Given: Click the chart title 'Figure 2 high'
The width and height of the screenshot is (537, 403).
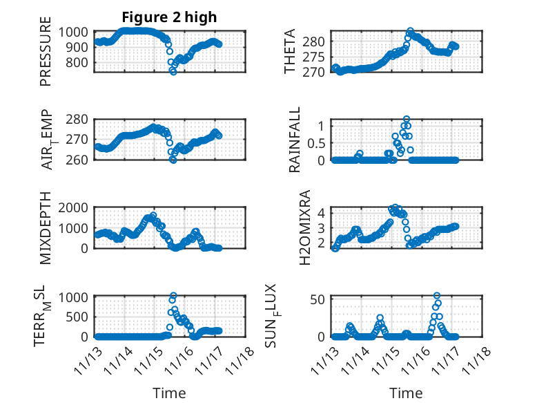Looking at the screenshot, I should (x=169, y=17).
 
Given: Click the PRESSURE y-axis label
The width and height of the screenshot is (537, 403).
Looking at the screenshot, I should (x=46, y=56).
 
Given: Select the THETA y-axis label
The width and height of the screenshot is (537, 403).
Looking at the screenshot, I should (x=290, y=52).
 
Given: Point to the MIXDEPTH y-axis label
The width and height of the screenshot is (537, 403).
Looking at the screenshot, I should (x=46, y=227).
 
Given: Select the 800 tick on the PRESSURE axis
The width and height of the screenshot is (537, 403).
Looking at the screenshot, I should (x=78, y=62).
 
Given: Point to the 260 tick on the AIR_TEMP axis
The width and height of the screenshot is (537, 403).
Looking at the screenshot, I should (x=77, y=160).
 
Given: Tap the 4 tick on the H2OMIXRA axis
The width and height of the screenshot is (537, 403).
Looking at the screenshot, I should (x=321, y=213).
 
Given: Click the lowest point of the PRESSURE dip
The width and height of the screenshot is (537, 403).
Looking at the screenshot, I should (x=173, y=72).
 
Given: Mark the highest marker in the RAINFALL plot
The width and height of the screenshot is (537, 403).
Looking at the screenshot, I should (x=407, y=119).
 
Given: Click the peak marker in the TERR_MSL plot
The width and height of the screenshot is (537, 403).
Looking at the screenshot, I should (x=173, y=296).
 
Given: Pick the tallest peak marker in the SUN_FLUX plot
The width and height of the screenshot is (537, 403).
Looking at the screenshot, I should (x=437, y=296).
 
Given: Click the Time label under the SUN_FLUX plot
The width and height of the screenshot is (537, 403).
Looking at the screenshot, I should (x=406, y=393).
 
